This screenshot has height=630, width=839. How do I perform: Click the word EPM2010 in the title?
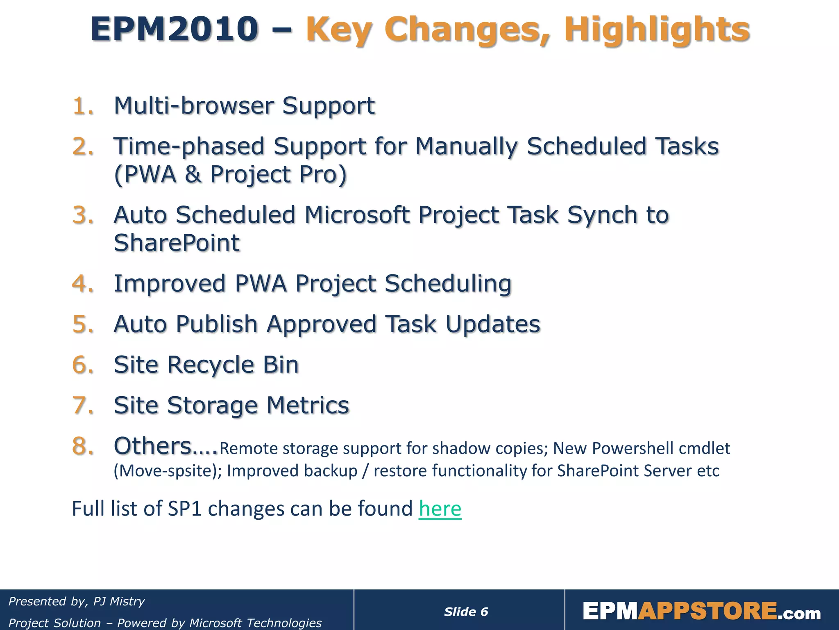(x=174, y=30)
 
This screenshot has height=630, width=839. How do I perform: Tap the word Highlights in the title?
(x=657, y=30)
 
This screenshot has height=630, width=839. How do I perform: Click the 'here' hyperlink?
(x=440, y=509)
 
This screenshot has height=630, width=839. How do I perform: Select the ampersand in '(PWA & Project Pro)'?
(x=193, y=174)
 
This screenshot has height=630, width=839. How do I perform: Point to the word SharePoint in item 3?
(x=177, y=243)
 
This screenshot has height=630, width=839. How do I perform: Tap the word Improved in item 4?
(x=170, y=283)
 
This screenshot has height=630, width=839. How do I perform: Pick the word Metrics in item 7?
(x=308, y=405)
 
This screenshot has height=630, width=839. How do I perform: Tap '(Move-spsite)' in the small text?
(x=168, y=471)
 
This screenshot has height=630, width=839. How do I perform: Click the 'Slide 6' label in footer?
(x=466, y=612)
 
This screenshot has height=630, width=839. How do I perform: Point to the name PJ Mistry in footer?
(x=119, y=601)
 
